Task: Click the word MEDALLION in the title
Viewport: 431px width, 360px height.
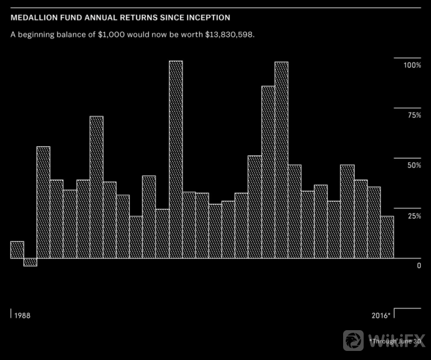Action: click(x=34, y=18)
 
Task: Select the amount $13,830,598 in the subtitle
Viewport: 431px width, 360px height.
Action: click(x=226, y=34)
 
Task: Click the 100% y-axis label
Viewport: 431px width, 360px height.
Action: click(x=412, y=65)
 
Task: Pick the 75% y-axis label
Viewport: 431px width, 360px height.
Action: click(x=413, y=115)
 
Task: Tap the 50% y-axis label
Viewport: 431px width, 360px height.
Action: click(x=413, y=166)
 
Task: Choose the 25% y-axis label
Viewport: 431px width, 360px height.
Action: click(x=413, y=216)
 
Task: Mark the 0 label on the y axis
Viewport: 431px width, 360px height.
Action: click(x=419, y=266)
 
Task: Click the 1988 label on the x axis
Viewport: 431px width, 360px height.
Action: click(x=22, y=315)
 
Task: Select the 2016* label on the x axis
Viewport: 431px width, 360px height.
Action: click(x=381, y=315)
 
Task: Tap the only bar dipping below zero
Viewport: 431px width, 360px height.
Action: click(x=30, y=262)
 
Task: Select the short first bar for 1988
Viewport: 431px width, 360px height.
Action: click(x=17, y=250)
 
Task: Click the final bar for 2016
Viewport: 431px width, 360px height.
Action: click(x=387, y=237)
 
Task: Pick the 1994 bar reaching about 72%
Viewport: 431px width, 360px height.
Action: click(x=96, y=187)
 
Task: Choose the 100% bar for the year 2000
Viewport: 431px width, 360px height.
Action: click(x=176, y=160)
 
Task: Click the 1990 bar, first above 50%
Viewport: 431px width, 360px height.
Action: click(x=43, y=203)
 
